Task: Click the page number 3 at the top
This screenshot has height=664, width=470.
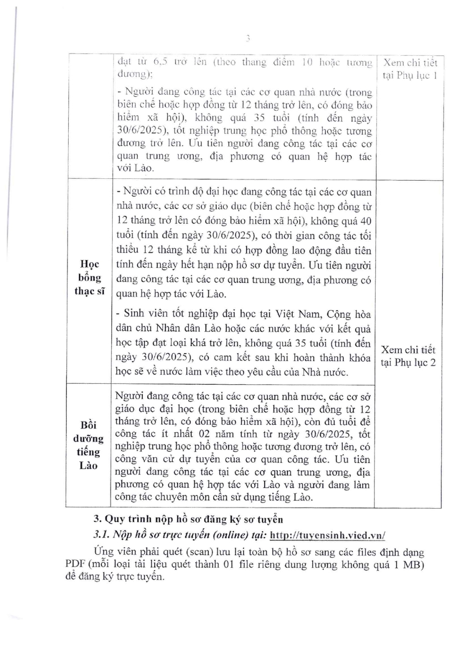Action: pyautogui.click(x=248, y=39)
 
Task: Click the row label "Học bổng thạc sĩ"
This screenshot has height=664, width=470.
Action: pyautogui.click(x=89, y=278)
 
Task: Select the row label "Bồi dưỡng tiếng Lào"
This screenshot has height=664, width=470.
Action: pyautogui.click(x=88, y=445)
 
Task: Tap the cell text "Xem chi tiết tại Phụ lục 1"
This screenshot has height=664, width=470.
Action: pyautogui.click(x=410, y=69)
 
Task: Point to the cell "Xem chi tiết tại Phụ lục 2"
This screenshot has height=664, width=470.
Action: pyautogui.click(x=408, y=356)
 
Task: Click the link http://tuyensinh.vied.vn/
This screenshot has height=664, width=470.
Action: pyautogui.click(x=327, y=535)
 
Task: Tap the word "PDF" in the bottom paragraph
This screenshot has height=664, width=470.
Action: pyautogui.click(x=75, y=565)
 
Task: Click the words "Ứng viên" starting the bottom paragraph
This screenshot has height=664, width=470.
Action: pyautogui.click(x=112, y=552)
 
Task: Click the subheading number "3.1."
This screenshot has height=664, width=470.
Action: pyautogui.click(x=101, y=535)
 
